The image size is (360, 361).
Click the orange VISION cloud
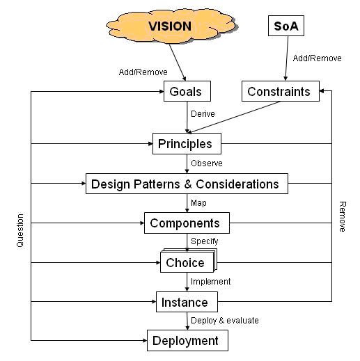click(172, 26)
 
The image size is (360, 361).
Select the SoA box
click(286, 26)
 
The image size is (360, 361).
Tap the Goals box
click(187, 91)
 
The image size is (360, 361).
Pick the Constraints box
click(281, 91)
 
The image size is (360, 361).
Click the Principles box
click(187, 143)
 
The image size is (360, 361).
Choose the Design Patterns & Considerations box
click(187, 184)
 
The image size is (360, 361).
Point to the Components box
click(187, 223)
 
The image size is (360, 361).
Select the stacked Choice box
click(189, 261)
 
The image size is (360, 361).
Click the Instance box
click(187, 302)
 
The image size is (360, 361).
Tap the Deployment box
click(187, 340)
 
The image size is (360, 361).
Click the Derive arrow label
click(203, 114)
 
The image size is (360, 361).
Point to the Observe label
click(207, 163)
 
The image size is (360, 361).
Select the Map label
click(198, 203)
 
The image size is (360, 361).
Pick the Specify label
click(205, 241)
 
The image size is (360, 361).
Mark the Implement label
click(211, 282)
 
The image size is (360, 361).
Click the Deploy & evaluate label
click(225, 321)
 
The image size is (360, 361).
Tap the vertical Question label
click(20, 230)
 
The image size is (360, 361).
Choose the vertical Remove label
click(343, 216)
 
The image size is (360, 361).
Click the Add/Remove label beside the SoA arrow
click(317, 58)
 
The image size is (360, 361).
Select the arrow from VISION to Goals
click(178, 63)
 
